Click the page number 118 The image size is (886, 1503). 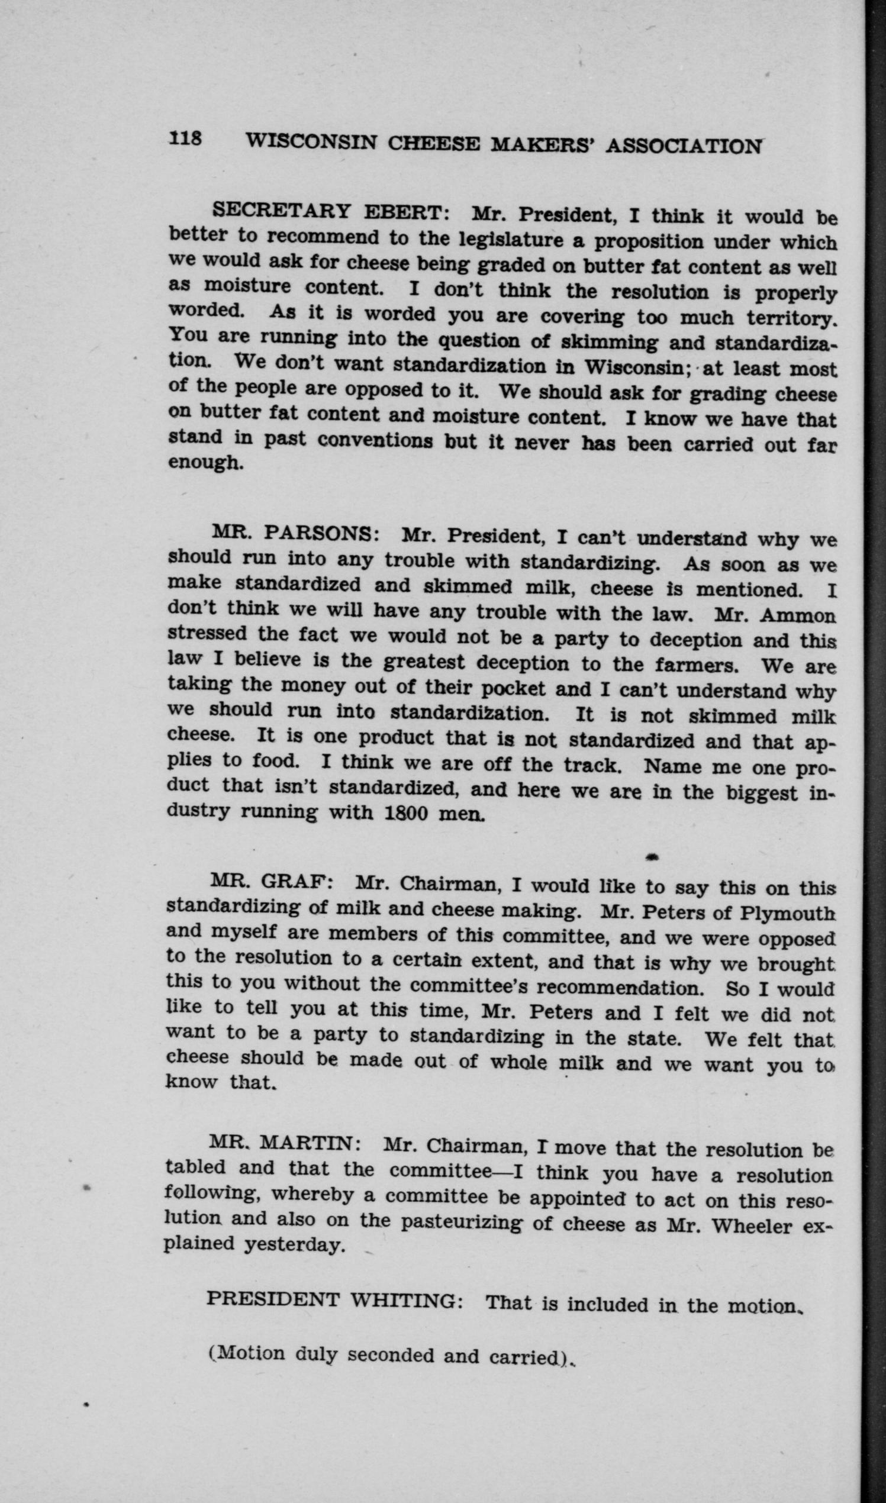click(186, 138)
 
